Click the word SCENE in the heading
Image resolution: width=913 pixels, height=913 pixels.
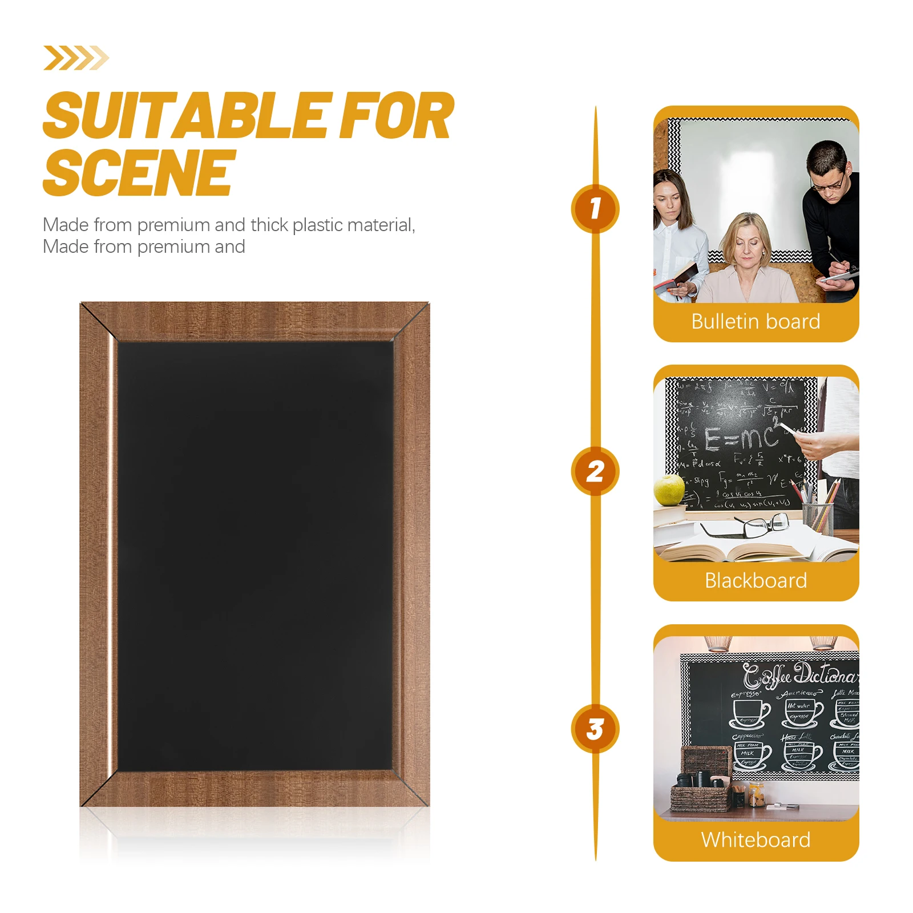[139, 172]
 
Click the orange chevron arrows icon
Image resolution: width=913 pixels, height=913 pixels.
[76, 58]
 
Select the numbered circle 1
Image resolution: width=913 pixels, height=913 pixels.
[595, 209]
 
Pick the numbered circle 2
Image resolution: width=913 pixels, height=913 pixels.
[595, 471]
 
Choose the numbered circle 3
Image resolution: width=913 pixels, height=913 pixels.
[595, 729]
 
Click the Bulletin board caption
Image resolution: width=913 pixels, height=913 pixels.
[756, 322]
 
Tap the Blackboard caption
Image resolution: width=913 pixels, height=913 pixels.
[756, 581]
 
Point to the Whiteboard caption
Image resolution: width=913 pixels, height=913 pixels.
[756, 840]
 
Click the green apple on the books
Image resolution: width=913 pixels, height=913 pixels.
[669, 490]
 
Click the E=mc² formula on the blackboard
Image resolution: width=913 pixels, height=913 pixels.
[742, 438]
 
